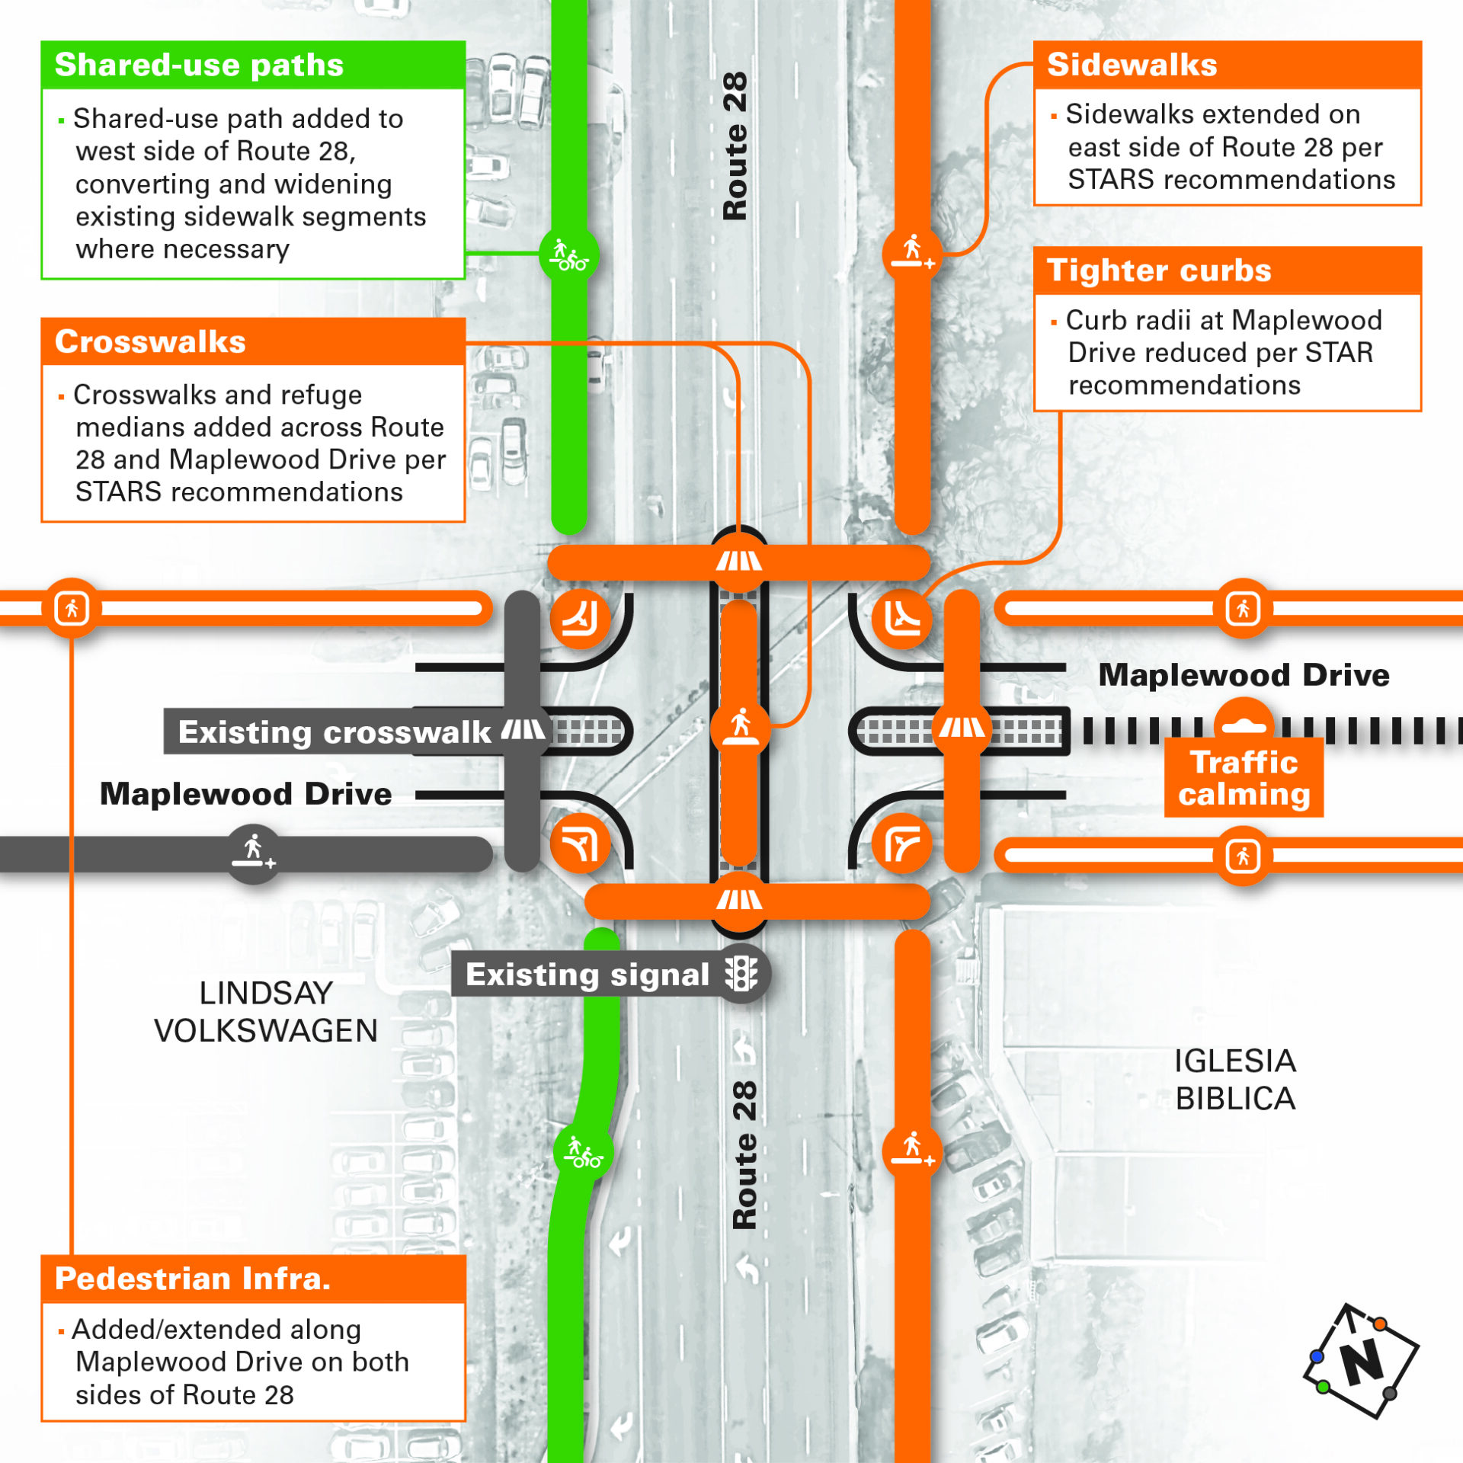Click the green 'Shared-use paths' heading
tap(199, 66)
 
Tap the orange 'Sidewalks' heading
tap(1132, 65)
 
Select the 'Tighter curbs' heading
tap(1159, 271)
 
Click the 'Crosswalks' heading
tap(150, 341)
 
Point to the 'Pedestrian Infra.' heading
tap(193, 1278)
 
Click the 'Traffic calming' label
tap(1244, 778)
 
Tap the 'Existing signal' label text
tap(587, 975)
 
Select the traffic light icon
tap(741, 974)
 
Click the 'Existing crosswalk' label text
tap(335, 732)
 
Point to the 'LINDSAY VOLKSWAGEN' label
tap(266, 1012)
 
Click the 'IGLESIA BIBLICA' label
tap(1235, 1080)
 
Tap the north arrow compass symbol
tap(1361, 1361)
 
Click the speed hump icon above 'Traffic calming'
tap(1244, 725)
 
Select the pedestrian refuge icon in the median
tap(740, 725)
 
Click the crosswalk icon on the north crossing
tap(738, 562)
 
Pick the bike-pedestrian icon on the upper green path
tap(569, 254)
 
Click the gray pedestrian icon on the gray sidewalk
tap(254, 853)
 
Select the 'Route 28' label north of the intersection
tap(735, 146)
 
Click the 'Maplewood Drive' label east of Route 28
tap(1244, 675)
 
